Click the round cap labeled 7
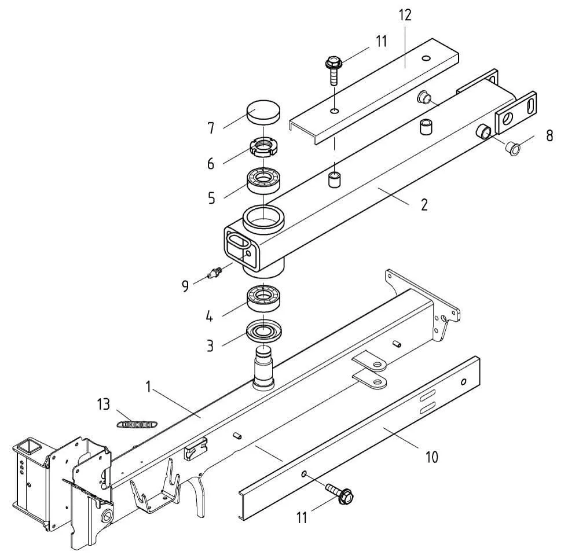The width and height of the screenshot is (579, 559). [x=263, y=113]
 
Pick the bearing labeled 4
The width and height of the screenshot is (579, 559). [x=264, y=297]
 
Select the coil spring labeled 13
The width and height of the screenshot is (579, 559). [x=137, y=424]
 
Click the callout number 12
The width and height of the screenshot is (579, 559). [x=405, y=16]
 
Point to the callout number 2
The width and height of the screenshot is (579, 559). [x=424, y=205]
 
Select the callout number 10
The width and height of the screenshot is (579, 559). [x=431, y=457]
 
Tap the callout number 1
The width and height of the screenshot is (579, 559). [x=148, y=387]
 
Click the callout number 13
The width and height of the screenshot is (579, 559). [x=104, y=404]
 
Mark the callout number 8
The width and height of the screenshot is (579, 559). [x=550, y=136]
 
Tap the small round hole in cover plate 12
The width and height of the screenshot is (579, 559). [x=426, y=58]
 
